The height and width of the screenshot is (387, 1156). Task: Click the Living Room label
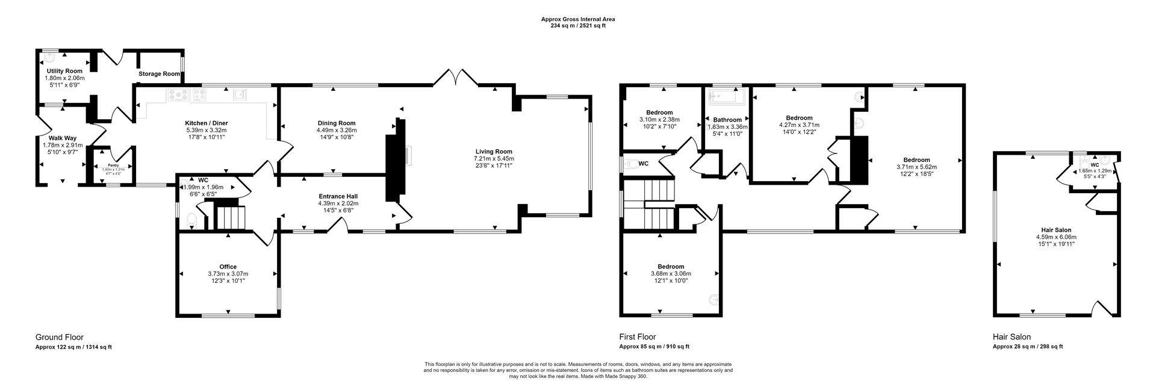pos(494,152)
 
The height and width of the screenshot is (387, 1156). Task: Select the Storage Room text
pos(159,74)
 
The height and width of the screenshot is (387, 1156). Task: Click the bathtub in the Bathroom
pos(727,97)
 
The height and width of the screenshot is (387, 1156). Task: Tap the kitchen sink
pos(240,94)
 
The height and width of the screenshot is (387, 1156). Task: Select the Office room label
pos(228,267)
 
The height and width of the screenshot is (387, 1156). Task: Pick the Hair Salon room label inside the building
pos(1056,230)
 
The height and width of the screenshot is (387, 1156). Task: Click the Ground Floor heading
pos(60,338)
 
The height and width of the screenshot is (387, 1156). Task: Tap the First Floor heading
pos(638,337)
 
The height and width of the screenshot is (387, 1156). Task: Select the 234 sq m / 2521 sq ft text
pos(577,26)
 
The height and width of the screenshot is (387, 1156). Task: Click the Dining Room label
pos(336,123)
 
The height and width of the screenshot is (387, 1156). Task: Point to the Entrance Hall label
pos(338,196)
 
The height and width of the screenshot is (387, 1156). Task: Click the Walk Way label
pos(62,138)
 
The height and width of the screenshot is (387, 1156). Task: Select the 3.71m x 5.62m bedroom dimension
pos(916,167)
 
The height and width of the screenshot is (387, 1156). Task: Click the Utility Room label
pos(64,71)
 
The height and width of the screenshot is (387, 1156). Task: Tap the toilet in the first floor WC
pos(630,163)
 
